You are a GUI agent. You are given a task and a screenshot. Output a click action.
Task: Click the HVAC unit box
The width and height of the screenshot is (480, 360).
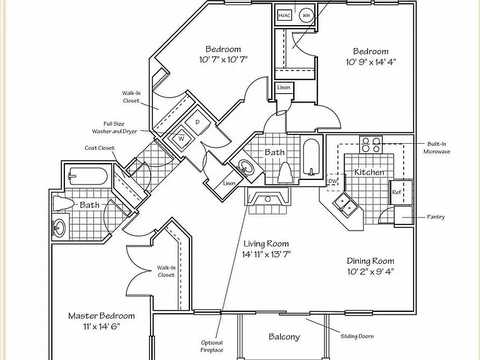click(284, 15)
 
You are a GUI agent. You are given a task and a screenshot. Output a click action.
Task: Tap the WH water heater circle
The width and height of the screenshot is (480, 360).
click(306, 15)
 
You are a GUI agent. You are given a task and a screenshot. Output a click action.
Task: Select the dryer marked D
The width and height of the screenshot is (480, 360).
click(197, 122)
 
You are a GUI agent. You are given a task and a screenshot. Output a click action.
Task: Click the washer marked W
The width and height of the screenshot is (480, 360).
click(181, 139)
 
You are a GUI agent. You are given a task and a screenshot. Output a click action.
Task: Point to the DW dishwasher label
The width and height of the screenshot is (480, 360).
click(332, 181)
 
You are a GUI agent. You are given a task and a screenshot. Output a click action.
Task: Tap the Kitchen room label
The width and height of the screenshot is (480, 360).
click(369, 172)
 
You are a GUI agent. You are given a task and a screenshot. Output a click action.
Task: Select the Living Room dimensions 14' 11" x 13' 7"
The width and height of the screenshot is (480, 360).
click(266, 254)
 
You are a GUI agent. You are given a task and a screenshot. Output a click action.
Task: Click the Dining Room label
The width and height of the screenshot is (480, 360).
click(371, 261)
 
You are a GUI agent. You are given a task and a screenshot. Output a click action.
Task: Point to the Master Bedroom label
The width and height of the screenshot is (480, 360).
click(101, 316)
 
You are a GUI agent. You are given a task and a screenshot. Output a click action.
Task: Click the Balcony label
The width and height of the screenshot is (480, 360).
click(284, 337)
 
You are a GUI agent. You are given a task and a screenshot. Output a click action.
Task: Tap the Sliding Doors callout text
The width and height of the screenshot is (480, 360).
click(357, 336)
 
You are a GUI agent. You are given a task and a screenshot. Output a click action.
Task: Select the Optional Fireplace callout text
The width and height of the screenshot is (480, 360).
click(212, 346)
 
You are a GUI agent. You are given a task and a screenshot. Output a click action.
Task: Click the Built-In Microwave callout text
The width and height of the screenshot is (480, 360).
click(437, 147)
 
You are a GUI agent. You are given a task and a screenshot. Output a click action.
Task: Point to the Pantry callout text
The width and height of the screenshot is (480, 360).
click(436, 217)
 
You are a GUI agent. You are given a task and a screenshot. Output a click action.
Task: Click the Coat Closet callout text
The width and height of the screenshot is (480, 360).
click(99, 148)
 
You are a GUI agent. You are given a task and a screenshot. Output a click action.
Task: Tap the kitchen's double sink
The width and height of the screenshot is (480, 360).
click(346, 204)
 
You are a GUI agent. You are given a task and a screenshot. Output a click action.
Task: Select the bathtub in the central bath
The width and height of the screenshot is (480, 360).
click(311, 157)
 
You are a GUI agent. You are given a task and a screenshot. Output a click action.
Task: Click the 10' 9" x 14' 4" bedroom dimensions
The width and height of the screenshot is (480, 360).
click(371, 62)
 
